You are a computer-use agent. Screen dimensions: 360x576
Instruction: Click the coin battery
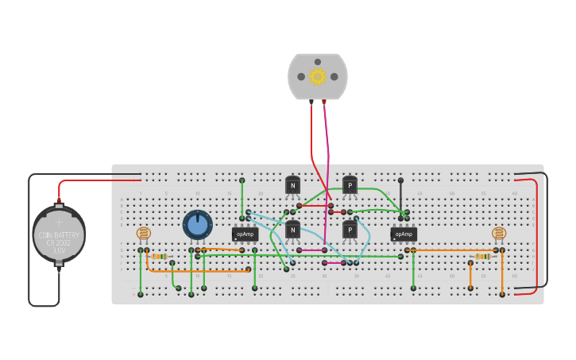tap(59, 235)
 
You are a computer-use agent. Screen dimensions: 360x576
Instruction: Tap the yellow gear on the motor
tap(318, 76)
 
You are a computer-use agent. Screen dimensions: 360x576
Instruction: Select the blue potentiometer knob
tap(198, 225)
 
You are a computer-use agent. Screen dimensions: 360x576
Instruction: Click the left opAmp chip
tap(245, 234)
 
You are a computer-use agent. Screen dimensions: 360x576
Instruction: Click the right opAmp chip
tap(404, 234)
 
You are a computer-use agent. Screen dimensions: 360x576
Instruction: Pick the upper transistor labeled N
tap(293, 185)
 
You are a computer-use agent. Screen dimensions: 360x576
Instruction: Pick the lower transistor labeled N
tap(293, 230)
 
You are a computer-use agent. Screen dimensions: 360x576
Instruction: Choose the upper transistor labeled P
tap(350, 185)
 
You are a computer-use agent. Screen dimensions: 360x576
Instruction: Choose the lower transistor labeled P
tap(350, 230)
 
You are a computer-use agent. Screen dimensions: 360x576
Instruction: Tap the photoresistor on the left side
tap(143, 234)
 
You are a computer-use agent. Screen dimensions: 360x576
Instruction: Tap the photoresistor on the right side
tap(498, 234)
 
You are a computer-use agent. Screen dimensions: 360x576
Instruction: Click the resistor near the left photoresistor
tap(159, 257)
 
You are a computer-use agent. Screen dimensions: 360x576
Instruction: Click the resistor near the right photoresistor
tap(482, 257)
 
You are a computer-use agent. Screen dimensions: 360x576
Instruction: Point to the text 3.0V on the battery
tap(59, 250)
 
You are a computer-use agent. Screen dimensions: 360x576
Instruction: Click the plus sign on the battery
tap(59, 223)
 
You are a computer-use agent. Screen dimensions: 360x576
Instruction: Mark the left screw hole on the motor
tap(301, 77)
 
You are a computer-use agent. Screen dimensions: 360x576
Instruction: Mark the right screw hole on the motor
tap(334, 77)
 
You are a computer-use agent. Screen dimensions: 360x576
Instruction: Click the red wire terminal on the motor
tap(311, 102)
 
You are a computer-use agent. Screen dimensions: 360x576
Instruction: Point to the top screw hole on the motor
tap(318, 61)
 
